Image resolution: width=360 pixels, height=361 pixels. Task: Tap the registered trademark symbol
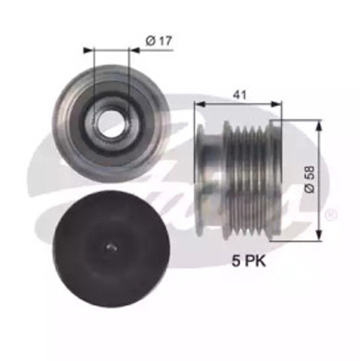[x=328, y=217]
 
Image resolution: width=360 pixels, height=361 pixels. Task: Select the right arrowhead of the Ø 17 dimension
[x=126, y=50]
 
